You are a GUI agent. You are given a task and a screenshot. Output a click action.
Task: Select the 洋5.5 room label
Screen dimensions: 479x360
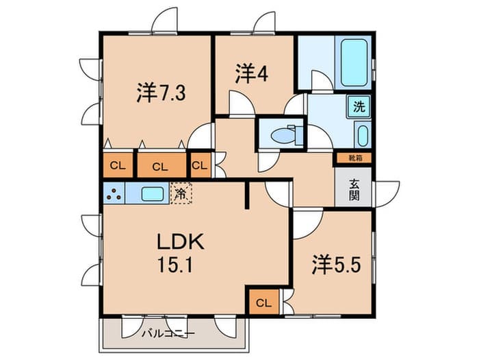click(337, 265)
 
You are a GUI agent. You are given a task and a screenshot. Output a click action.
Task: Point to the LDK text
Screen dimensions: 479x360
click(180, 241)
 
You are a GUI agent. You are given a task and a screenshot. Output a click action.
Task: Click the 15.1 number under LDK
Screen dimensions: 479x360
click(175, 265)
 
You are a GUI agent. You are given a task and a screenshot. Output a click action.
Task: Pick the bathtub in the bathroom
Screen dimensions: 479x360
click(354, 62)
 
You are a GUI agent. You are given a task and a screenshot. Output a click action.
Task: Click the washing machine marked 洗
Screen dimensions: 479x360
click(359, 106)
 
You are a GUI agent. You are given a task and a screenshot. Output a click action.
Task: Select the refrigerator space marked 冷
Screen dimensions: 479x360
click(181, 193)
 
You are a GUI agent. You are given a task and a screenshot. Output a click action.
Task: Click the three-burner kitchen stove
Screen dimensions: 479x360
click(114, 193)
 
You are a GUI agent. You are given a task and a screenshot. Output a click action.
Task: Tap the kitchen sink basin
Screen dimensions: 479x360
click(153, 194)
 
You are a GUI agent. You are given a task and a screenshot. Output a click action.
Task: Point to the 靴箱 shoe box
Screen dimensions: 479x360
click(354, 158)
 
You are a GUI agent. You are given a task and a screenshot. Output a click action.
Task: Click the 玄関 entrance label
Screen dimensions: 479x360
click(354, 190)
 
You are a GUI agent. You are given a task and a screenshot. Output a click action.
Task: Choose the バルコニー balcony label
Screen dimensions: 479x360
click(168, 333)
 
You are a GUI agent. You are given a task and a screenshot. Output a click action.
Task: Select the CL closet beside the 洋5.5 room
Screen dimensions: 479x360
click(264, 303)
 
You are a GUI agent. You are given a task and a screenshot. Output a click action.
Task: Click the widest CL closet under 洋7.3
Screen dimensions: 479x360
click(161, 165)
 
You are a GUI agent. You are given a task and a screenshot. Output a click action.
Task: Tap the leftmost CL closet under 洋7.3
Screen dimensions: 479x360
click(118, 165)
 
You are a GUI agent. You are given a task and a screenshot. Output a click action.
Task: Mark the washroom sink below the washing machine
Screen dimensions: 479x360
click(363, 135)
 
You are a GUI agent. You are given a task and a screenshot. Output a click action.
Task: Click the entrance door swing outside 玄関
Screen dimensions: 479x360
click(387, 194)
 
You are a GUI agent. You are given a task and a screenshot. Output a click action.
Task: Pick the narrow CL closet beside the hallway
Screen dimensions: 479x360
click(200, 165)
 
